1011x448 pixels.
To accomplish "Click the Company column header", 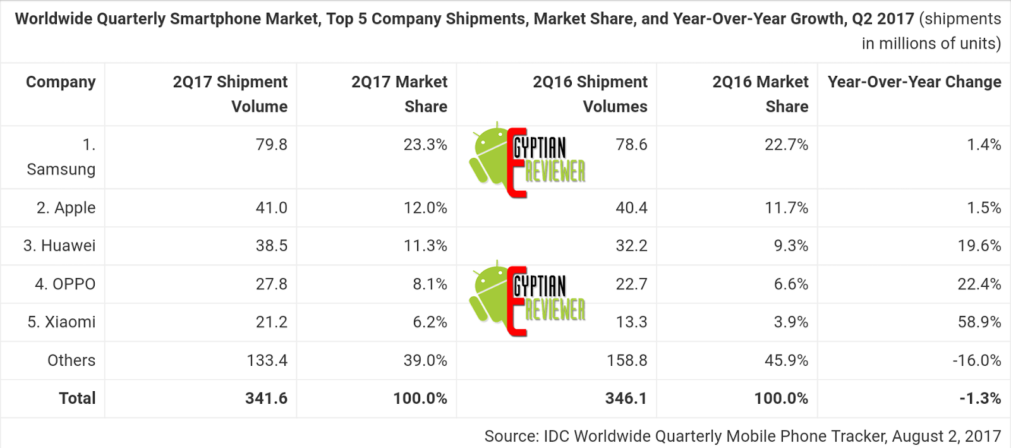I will [x=61, y=82].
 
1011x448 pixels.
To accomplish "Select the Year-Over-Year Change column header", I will [x=914, y=82].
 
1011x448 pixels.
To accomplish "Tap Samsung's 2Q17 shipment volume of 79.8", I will [x=271, y=145].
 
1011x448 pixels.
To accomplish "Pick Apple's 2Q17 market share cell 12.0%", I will [x=425, y=208].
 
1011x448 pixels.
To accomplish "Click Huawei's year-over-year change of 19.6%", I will [x=979, y=246].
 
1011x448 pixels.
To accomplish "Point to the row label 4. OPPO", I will [x=65, y=284].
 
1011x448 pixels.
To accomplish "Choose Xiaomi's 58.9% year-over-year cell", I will [x=979, y=322].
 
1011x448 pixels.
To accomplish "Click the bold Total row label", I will [x=77, y=399].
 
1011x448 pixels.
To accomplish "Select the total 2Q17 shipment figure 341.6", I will [x=266, y=399].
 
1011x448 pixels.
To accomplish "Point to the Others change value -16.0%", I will [x=976, y=361].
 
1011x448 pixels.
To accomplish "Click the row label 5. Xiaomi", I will [x=61, y=322].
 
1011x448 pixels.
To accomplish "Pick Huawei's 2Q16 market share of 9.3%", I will [x=790, y=246].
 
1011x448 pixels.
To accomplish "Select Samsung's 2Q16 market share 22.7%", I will [x=786, y=145].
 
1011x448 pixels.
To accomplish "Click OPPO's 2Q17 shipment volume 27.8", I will [x=271, y=284].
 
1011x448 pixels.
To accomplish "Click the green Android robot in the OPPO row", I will [x=488, y=295].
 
